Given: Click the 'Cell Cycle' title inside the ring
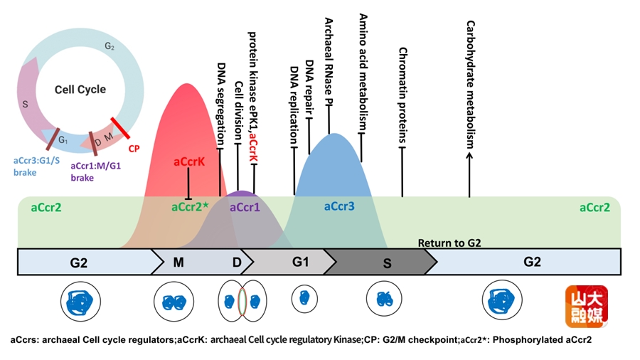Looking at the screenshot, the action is coord(80,90).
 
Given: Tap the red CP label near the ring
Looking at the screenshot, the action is coord(134,149).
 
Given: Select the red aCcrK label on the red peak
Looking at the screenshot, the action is coord(189,162).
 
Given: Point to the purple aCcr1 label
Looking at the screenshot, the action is coord(245,207).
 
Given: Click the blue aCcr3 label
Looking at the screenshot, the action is coord(339,206).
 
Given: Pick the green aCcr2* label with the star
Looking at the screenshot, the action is coord(190,207).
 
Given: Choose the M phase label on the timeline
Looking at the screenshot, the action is coord(178,262).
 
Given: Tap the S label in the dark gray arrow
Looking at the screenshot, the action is coord(387,264).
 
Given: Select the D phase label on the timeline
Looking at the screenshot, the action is coord(237,262).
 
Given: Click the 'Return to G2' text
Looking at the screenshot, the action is coord(449,243).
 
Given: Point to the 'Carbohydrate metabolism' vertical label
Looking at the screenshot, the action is coord(471,85).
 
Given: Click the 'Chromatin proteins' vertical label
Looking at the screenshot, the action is coord(403,95).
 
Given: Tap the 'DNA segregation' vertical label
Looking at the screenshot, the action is coord(221,104).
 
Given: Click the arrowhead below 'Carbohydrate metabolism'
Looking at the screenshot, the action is coord(469,156).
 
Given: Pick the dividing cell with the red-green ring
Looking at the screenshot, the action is coord(242,301).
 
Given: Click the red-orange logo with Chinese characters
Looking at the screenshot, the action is coord(587,307).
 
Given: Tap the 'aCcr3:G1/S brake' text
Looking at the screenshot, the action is coord(36,166).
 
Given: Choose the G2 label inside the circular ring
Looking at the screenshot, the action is coord(110,46).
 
